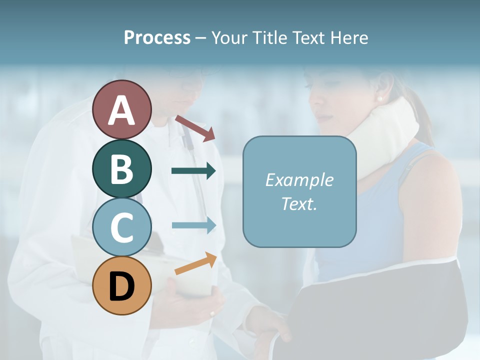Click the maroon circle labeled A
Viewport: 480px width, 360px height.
[x=122, y=109]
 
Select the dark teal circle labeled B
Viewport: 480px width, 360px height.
[x=122, y=168]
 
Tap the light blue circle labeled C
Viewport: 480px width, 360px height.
[x=122, y=227]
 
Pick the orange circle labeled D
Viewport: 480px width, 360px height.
[x=122, y=285]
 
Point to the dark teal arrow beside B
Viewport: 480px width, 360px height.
[x=193, y=171]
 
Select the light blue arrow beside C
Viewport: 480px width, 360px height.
[x=193, y=225]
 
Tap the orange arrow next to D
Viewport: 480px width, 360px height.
[x=195, y=263]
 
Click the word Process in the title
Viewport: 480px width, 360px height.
[x=157, y=38]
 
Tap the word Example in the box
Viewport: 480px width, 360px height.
[x=299, y=180]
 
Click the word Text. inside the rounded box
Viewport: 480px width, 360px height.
[x=299, y=203]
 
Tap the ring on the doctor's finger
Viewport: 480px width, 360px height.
[x=212, y=314]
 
